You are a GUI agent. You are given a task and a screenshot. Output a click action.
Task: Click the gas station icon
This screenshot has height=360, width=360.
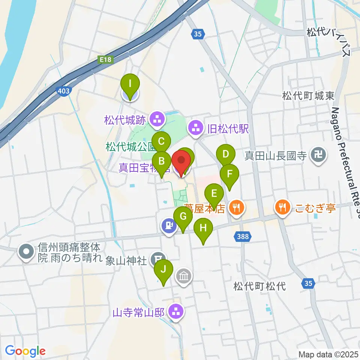tap(169, 226)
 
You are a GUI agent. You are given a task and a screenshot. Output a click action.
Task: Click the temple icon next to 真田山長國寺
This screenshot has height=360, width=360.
tap(318, 155)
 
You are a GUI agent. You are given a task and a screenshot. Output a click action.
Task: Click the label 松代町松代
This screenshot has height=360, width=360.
tap(259, 287)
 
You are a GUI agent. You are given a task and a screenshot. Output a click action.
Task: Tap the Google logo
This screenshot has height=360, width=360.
tap(25, 351)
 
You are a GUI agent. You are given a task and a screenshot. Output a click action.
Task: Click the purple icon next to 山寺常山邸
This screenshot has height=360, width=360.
tap(175, 311)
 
